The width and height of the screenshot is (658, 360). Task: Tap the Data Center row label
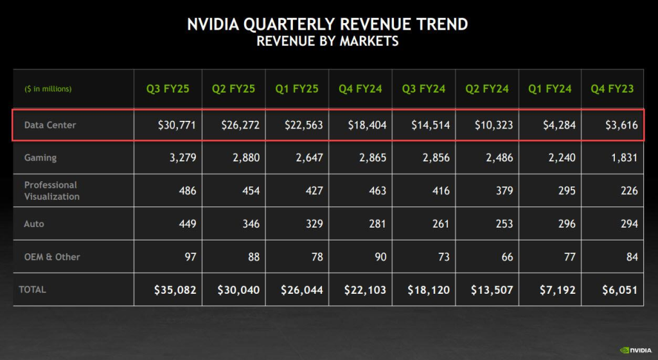pos(50,125)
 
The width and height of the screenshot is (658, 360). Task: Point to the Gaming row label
pos(40,157)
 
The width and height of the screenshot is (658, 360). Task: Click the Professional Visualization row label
pos(52,190)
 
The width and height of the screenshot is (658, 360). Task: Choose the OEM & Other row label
pos(52,256)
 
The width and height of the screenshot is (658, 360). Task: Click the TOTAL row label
pos(33,289)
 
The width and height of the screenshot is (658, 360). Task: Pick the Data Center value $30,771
pos(176,125)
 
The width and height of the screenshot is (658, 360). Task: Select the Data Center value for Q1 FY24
pos(558,125)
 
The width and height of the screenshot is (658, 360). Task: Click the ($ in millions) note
pos(48,89)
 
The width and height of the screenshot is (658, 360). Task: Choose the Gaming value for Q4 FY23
pos(625,157)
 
